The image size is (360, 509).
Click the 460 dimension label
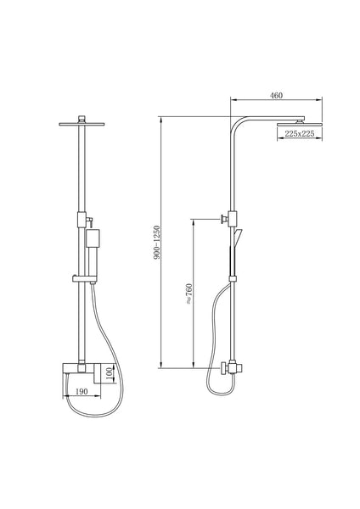276,96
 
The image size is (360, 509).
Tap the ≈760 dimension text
188,294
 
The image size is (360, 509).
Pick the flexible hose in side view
218,339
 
